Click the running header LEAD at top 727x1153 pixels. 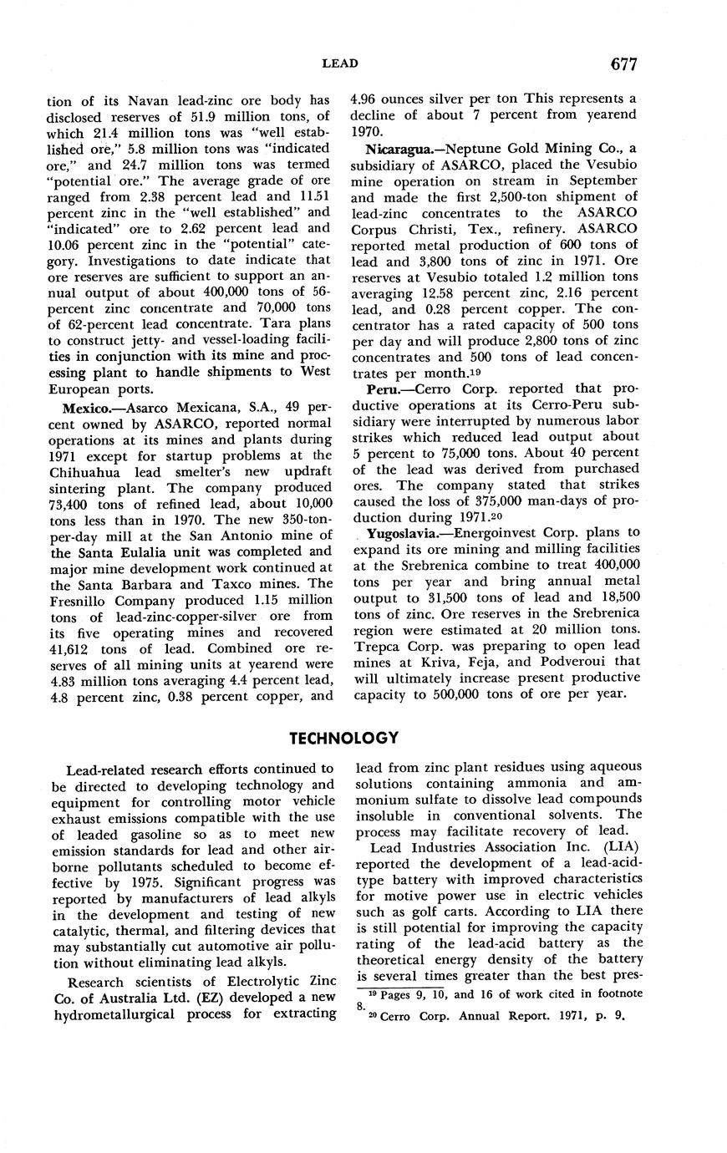point(339,63)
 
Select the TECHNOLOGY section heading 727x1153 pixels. point(343,738)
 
